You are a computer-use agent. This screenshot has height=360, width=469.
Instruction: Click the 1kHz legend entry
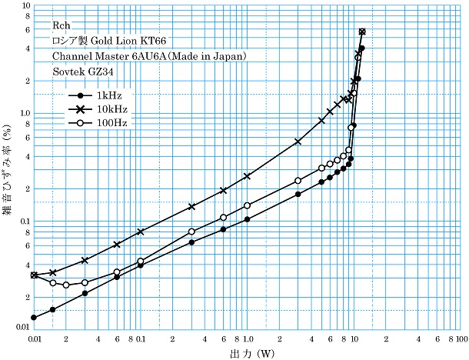99,95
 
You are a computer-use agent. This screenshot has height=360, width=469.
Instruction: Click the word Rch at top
62,25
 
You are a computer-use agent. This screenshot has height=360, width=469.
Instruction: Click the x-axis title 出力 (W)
248,354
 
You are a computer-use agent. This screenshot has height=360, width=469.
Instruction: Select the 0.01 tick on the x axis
33,338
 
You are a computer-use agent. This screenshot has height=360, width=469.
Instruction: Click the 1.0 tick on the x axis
248,338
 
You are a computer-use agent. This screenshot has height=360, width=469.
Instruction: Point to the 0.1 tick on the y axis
20,222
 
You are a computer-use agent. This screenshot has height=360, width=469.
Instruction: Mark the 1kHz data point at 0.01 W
34,317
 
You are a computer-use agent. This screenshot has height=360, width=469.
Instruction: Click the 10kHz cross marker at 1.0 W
248,176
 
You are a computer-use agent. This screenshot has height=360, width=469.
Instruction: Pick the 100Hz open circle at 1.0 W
248,205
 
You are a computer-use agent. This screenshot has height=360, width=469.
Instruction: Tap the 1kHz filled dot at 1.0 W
248,219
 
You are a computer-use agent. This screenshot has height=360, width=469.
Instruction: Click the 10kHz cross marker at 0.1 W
141,232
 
